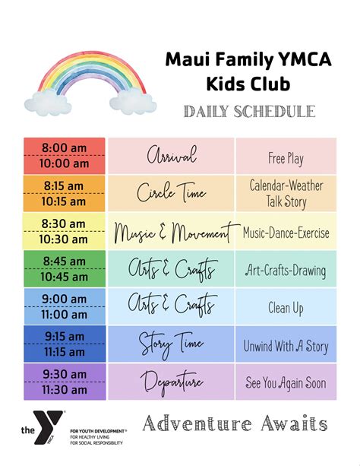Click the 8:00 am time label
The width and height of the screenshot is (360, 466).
tap(65, 147)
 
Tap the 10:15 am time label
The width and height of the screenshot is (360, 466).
tap(65, 201)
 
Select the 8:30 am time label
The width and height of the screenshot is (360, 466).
tap(65, 223)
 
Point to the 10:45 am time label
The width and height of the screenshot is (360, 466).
tap(65, 277)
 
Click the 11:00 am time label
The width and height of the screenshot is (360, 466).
tap(65, 314)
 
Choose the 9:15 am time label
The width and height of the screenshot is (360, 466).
tap(65, 337)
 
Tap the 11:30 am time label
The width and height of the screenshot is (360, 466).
tap(65, 390)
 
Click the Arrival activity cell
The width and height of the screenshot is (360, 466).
tap(171, 156)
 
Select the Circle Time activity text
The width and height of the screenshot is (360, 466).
tap(171, 193)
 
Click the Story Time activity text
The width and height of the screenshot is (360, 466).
tap(171, 344)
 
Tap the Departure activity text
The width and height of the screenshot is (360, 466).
tap(171, 382)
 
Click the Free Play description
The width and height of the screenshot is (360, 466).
tap(286, 158)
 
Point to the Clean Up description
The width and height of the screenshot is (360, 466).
tap(286, 308)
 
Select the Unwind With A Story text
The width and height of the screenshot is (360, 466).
tap(286, 347)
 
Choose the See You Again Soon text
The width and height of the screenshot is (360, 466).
tap(286, 384)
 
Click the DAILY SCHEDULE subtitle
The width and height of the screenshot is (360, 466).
tap(249, 112)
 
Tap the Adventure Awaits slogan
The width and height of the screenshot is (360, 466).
tap(235, 423)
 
